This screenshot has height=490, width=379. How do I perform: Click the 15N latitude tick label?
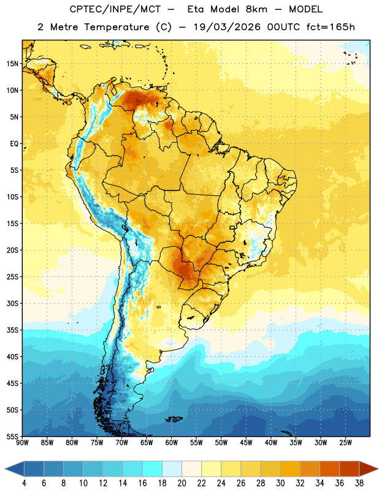click(12, 64)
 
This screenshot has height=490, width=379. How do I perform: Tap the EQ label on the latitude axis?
click(14, 144)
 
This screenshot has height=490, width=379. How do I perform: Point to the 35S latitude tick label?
click(12, 330)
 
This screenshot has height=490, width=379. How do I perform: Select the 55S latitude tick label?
click(12, 436)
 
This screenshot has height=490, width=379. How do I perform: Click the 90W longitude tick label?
click(22, 443)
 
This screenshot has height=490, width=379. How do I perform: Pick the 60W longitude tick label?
click(172, 443)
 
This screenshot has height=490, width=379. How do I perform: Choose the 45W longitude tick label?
click(246, 443)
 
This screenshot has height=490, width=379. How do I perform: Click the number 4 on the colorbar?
click(24, 483)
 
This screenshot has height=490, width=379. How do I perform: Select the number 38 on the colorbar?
click(359, 483)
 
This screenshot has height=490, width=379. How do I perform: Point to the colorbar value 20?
click(182, 483)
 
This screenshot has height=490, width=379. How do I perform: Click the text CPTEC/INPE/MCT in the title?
click(115, 9)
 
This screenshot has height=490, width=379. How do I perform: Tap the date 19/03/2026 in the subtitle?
click(227, 27)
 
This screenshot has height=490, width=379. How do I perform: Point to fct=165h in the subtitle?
click(331, 27)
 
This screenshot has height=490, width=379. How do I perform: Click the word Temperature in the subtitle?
click(117, 27)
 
